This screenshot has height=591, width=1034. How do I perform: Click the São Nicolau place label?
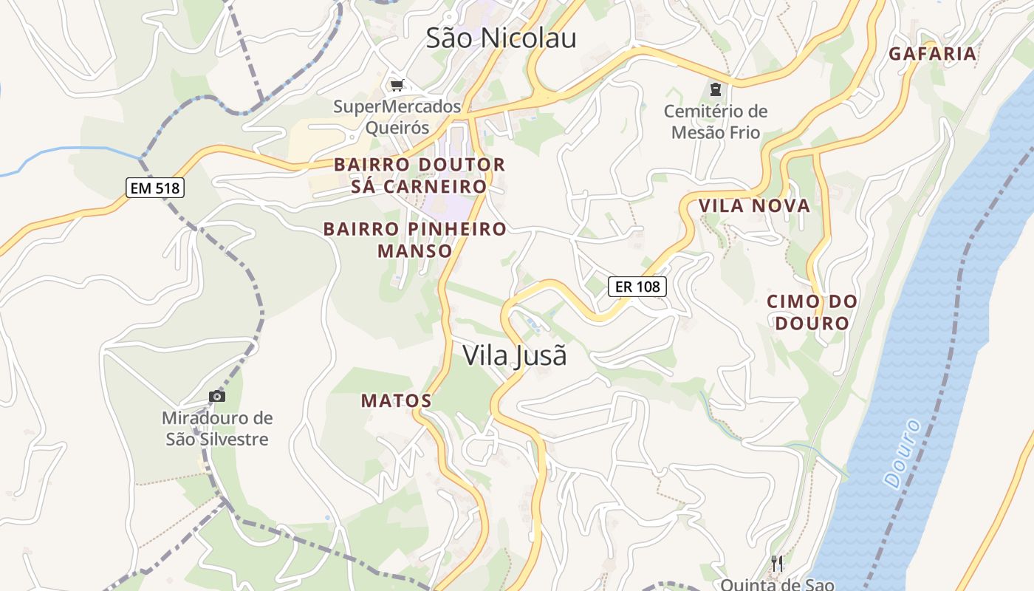(501, 38)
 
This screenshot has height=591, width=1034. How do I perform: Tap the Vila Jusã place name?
(515, 355)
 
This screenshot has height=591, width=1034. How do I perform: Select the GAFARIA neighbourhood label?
(932, 54)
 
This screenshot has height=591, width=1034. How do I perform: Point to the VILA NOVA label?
(754, 206)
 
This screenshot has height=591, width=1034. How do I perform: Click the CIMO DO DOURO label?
(812, 312)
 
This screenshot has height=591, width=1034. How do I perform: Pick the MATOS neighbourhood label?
(396, 401)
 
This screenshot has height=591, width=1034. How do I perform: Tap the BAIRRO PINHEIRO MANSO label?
(415, 240)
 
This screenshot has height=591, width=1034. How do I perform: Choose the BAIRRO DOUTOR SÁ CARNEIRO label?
(420, 175)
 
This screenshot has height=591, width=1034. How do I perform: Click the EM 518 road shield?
(154, 188)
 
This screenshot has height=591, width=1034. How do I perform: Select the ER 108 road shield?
(637, 286)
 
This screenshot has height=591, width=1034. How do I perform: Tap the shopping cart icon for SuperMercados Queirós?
(397, 86)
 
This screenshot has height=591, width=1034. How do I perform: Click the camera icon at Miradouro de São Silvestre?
(216, 397)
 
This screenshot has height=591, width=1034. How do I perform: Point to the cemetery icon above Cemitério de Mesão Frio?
(715, 90)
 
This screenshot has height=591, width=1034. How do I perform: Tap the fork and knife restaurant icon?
(776, 564)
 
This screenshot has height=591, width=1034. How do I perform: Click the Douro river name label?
(903, 454)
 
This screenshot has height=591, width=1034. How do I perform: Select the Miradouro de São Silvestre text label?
(217, 429)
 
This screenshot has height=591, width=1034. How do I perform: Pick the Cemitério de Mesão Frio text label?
(715, 122)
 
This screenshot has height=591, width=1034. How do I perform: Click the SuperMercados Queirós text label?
(397, 117)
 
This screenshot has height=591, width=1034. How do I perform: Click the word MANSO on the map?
(415, 251)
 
